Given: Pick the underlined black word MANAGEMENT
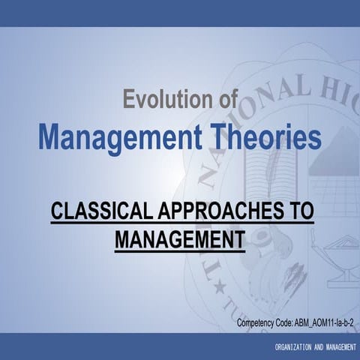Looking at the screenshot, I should [180, 241].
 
